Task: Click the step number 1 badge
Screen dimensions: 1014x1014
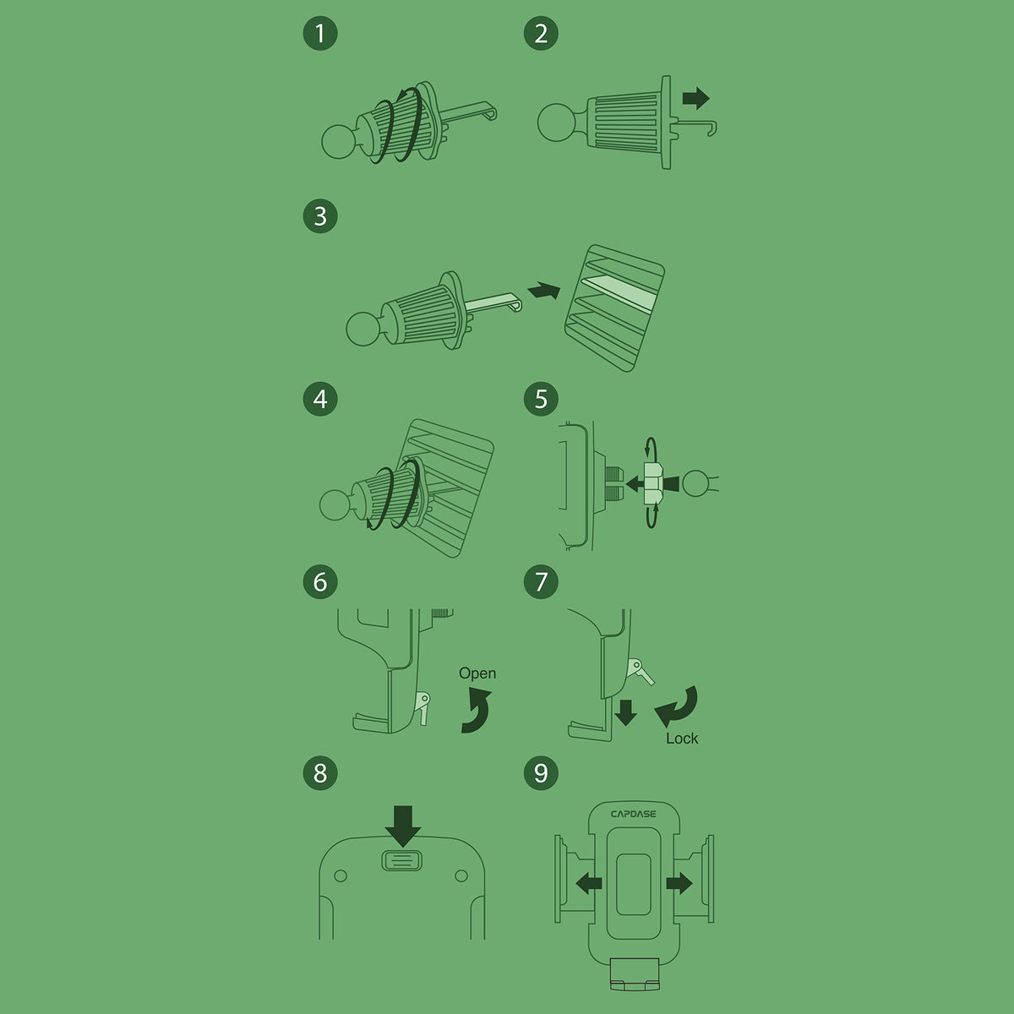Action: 320,34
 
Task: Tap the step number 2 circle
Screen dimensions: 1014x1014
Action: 541,34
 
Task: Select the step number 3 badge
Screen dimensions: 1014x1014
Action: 320,215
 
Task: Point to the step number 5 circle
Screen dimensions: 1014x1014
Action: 541,399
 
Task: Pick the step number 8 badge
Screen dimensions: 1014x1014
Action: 320,772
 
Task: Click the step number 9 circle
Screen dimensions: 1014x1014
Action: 541,772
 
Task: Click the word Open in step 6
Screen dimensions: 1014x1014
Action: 477,673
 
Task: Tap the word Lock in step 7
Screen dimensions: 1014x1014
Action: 682,739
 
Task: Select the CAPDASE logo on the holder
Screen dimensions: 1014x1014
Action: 634,814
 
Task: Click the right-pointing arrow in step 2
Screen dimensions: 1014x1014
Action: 695,98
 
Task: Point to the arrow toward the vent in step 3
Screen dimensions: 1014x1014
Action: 544,291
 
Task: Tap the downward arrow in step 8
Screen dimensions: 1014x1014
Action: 402,826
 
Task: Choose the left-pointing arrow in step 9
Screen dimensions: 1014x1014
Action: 589,883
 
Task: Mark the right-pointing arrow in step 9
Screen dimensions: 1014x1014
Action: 679,883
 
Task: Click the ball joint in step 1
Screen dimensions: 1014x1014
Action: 338,142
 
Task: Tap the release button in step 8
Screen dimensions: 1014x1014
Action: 401,860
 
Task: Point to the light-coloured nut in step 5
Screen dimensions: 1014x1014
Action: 653,483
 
